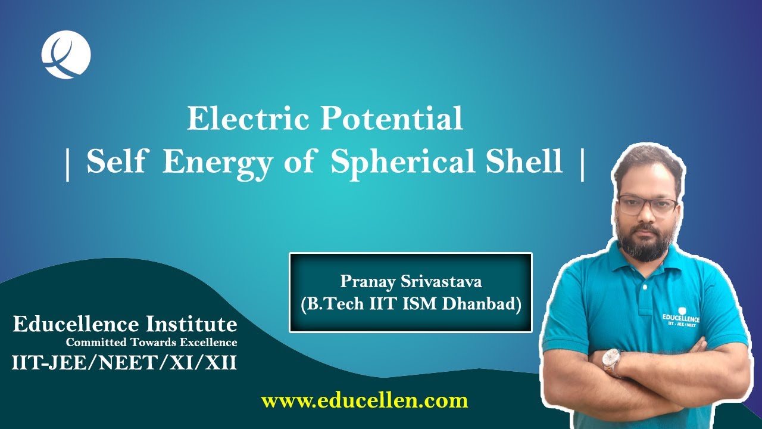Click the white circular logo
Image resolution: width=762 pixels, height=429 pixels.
(x=66, y=55)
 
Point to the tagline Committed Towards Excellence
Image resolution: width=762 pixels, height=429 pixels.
(x=151, y=343)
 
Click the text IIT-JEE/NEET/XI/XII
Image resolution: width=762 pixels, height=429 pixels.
(x=124, y=362)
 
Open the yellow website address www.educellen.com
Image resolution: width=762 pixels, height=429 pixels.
(x=364, y=400)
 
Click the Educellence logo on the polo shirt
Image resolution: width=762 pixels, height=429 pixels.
(x=681, y=316)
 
